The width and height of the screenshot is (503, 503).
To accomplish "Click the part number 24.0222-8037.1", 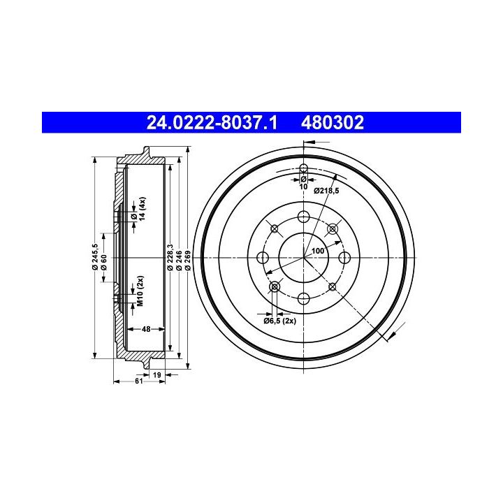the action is click(212, 122).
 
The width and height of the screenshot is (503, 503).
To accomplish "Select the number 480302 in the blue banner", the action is click(333, 122).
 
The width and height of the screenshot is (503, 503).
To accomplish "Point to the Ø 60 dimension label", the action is click(103, 263).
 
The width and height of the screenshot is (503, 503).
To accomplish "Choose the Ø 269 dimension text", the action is click(188, 261).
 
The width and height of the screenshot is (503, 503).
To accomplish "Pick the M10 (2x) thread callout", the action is click(140, 291).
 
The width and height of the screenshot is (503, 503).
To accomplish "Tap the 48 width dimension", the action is click(146, 329).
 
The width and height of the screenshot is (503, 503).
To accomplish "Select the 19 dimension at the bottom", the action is click(157, 374).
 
